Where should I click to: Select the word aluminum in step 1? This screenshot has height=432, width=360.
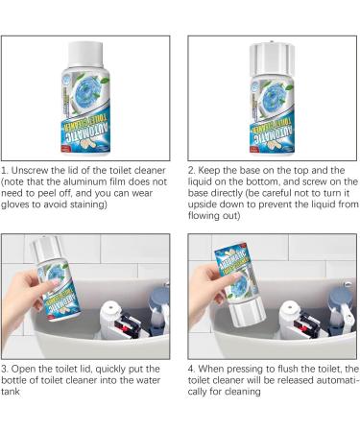(97, 180)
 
